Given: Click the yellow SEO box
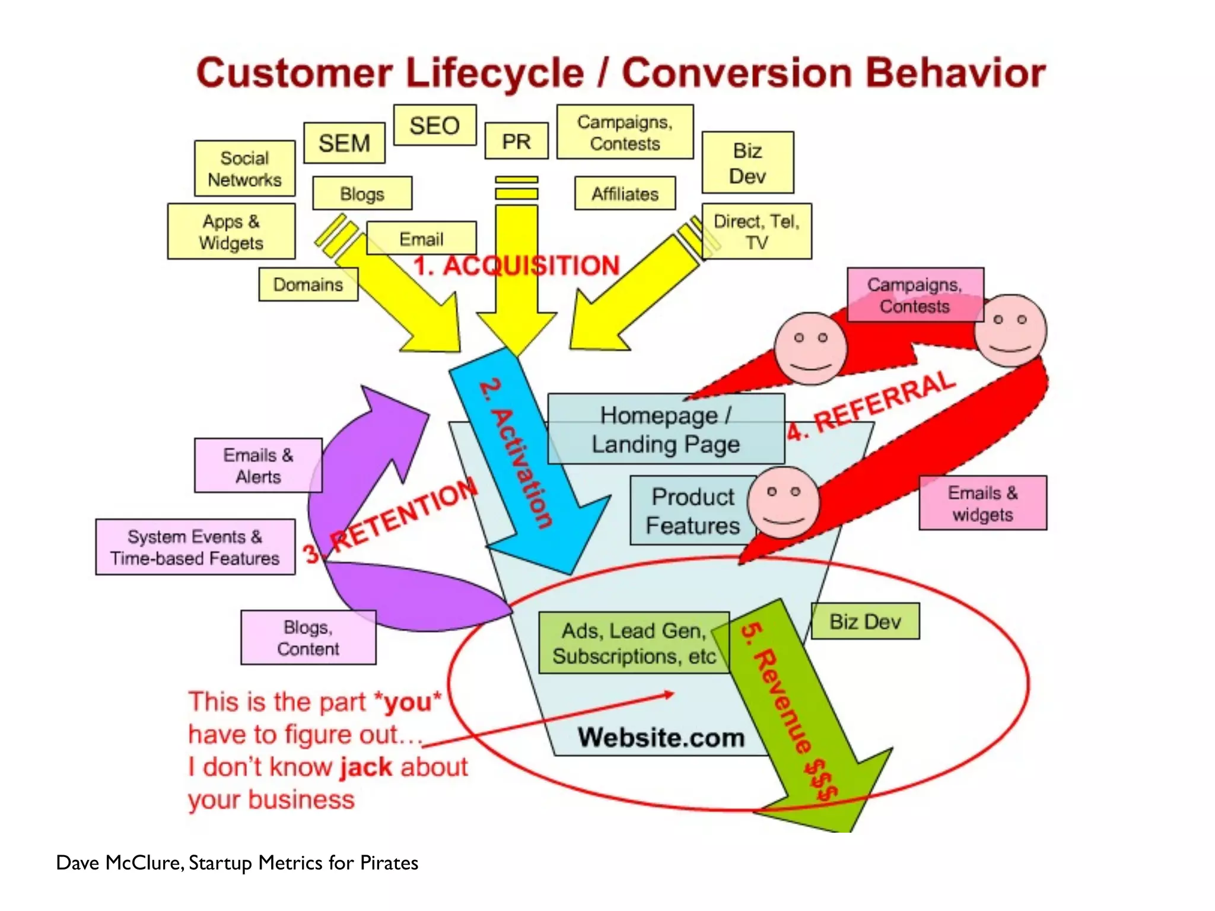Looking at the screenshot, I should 435,125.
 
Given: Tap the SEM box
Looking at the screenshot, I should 344,143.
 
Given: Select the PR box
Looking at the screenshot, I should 516,141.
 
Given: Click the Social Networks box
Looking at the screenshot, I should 244,168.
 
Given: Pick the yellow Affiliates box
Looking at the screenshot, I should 625,193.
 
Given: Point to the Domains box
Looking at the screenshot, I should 308,285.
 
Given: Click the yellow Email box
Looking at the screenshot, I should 421,238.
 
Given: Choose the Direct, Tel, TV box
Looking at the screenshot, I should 756,231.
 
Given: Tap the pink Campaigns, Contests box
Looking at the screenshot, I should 914,295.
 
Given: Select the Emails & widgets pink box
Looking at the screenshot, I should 982,503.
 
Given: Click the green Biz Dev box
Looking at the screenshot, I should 865,621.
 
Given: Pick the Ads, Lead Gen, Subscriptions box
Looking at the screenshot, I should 633,643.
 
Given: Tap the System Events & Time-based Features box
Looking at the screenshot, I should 195,547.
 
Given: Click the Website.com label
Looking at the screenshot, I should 661,737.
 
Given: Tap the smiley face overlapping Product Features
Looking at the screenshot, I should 784,502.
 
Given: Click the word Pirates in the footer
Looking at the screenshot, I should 389,862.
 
